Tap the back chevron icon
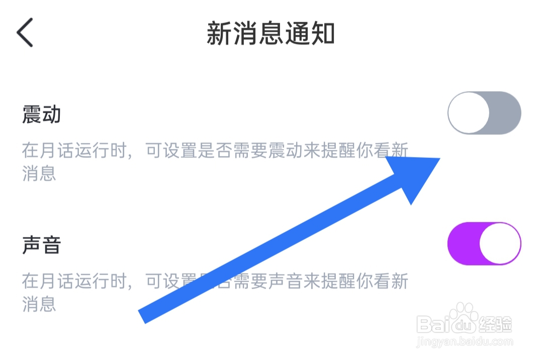[25, 33]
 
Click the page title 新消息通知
[270, 34]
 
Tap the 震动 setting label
[41, 115]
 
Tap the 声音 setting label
[41, 245]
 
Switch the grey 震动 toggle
[484, 113]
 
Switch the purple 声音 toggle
[484, 244]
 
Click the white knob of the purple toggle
[500, 244]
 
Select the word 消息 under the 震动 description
[39, 173]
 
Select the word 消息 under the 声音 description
[39, 304]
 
